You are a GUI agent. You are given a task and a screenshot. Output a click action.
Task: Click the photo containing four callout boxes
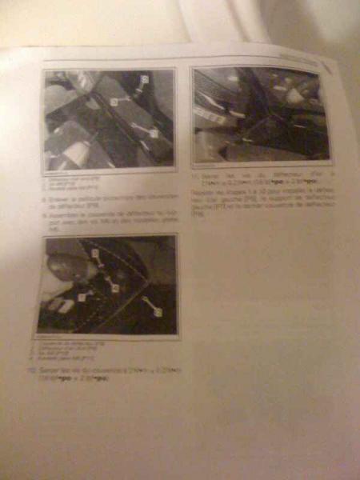(107, 283)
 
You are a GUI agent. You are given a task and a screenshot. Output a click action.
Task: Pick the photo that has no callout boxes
(261, 114)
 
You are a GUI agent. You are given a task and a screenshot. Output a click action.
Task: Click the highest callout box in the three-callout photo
(144, 80)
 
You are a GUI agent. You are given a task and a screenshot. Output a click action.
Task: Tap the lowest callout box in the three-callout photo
(153, 133)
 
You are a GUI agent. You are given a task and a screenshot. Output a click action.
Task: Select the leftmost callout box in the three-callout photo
(114, 102)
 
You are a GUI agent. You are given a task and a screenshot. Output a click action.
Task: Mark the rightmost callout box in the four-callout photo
(158, 308)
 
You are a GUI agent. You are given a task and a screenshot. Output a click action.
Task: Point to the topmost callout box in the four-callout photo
(94, 253)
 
